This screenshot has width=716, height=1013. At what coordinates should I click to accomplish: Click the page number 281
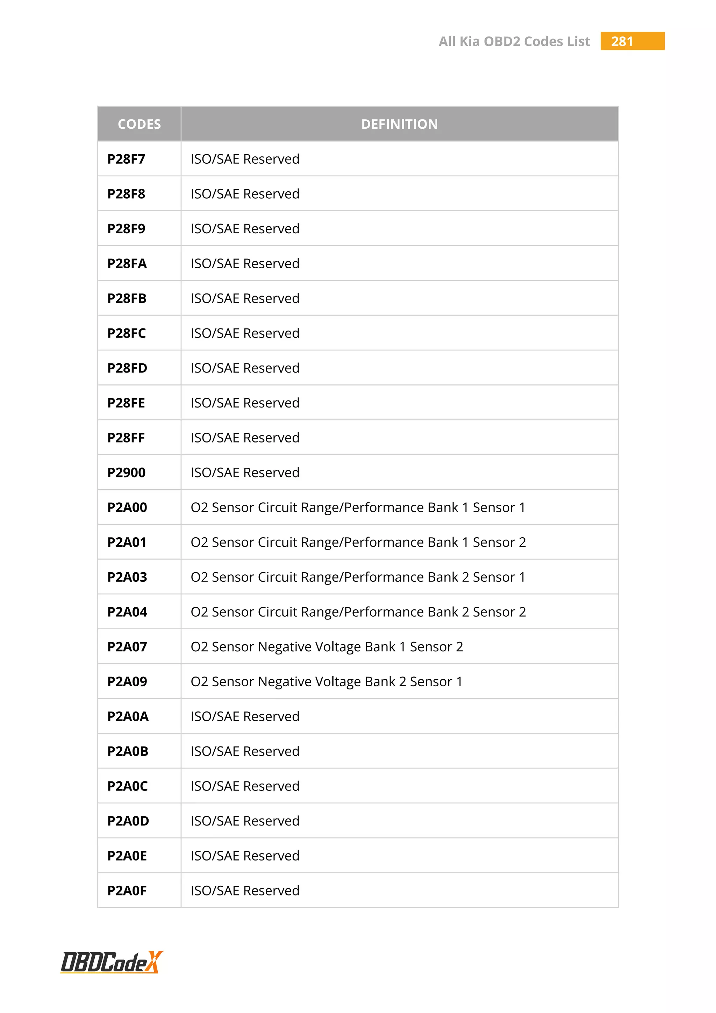click(622, 42)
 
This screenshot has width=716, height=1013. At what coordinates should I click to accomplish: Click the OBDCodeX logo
click(112, 962)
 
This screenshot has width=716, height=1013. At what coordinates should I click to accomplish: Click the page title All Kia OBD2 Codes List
click(514, 42)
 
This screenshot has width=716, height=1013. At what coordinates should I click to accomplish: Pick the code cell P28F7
click(126, 159)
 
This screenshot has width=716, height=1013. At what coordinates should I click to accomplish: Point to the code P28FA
click(127, 263)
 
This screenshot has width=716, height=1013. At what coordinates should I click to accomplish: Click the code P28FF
click(126, 438)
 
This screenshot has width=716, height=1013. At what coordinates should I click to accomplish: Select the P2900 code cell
click(127, 473)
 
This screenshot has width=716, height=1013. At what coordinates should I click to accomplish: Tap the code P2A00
click(127, 508)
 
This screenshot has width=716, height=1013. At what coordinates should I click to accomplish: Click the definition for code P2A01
click(358, 542)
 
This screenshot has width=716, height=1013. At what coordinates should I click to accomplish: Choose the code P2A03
click(127, 577)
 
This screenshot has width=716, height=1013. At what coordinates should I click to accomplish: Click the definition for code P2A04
click(358, 612)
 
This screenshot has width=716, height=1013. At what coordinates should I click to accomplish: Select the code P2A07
click(127, 647)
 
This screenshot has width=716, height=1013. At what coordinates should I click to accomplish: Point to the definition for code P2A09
click(327, 682)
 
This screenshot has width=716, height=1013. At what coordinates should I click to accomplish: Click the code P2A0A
click(128, 716)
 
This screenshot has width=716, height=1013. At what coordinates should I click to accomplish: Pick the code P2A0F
click(127, 891)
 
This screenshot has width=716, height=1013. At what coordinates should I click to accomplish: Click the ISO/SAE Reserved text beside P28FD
click(245, 368)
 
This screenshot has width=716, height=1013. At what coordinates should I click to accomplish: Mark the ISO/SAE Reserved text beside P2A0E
click(245, 856)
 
